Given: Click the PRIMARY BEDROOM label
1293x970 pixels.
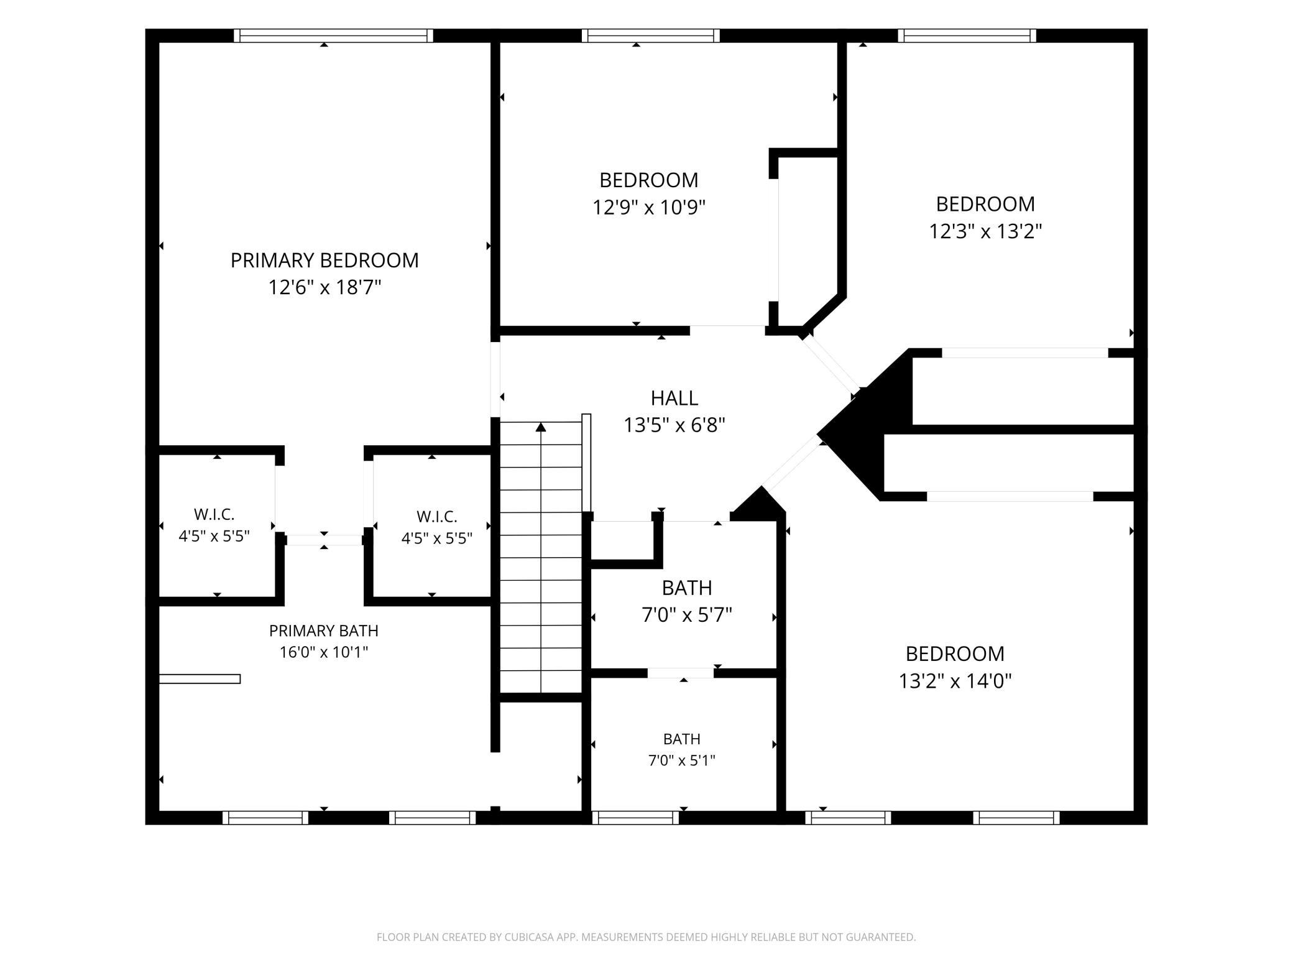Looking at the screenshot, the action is tap(324, 261).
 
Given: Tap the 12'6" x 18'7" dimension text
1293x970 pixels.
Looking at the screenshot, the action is tap(324, 287).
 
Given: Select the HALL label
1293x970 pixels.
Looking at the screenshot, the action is tap(674, 398).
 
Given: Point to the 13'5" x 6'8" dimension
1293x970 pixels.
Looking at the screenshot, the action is tap(674, 425).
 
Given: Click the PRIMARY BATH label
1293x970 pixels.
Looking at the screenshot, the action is tap(324, 630).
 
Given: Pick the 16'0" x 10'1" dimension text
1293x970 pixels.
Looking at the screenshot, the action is tap(324, 652).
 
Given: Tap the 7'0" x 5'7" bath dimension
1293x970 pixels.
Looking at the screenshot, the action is tap(687, 615).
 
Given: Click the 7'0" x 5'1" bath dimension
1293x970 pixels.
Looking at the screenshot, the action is tap(682, 760).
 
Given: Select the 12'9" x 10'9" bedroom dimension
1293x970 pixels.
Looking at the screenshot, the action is tap(649, 207).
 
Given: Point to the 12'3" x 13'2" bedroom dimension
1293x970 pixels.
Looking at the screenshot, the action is tap(985, 231).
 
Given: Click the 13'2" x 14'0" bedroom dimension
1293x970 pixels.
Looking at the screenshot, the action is tap(955, 681).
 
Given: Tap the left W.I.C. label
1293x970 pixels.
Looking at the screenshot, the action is tap(214, 515).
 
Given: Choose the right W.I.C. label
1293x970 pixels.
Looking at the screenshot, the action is tap(437, 517).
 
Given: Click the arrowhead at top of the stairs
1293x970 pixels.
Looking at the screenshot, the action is tap(541, 427).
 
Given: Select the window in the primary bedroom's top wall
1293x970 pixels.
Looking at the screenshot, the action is tap(334, 36).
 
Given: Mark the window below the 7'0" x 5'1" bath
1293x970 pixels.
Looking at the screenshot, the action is tap(636, 818).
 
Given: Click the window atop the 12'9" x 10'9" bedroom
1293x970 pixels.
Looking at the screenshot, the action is tap(651, 36).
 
